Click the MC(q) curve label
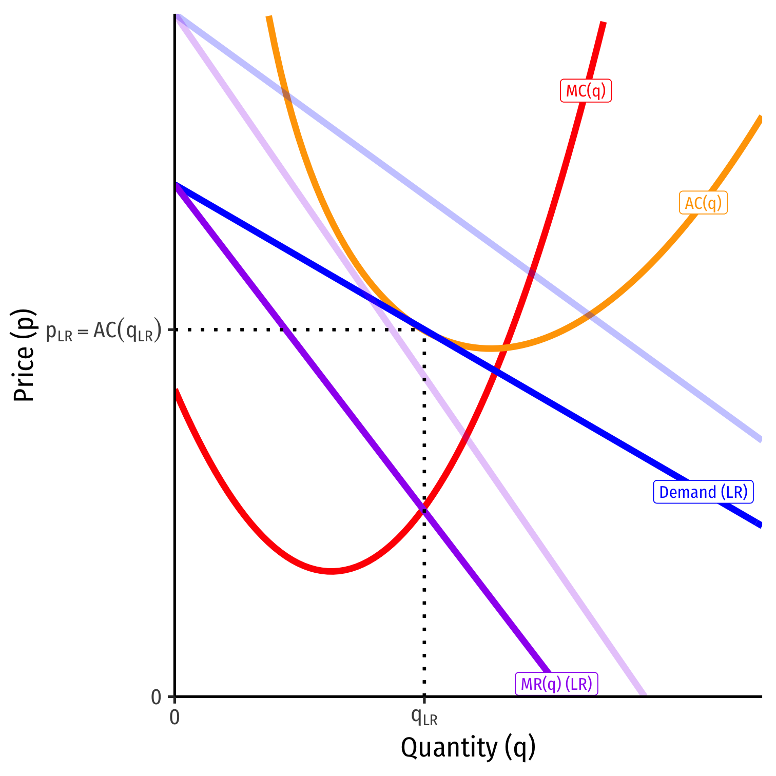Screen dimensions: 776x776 tap(586, 91)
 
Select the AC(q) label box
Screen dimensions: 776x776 tap(703, 203)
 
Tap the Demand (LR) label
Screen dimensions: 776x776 tap(703, 492)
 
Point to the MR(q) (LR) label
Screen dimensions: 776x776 tap(556, 684)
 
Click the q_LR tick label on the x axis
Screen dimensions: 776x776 tap(424, 717)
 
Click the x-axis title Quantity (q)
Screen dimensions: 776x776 tap(468, 747)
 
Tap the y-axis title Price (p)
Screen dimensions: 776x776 tap(24, 355)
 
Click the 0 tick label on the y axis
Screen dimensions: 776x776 tap(156, 697)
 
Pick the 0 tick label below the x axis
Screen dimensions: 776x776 tap(174, 717)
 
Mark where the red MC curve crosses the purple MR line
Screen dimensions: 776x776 tap(424, 509)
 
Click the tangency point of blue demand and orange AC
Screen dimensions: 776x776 tap(424, 329)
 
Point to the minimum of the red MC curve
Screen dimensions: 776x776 tap(332, 571)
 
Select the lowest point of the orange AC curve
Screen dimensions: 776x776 tap(492, 348)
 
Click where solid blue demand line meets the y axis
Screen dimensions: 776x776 tap(176, 184)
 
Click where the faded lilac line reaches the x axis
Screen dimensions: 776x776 tap(645, 696)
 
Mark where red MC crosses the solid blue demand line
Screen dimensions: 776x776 tap(495, 369)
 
